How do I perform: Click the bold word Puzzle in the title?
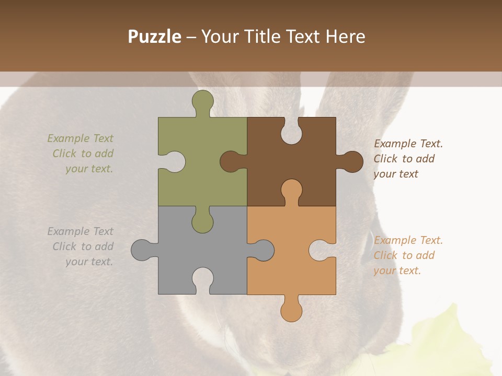155,37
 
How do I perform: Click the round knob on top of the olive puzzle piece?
203,101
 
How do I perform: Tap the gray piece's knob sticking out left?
142,250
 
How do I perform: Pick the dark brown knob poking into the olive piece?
231,162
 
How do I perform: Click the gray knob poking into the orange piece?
263,250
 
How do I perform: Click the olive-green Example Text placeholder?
82,154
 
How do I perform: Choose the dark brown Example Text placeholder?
408,159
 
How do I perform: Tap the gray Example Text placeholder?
82,246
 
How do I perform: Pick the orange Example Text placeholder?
408,255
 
